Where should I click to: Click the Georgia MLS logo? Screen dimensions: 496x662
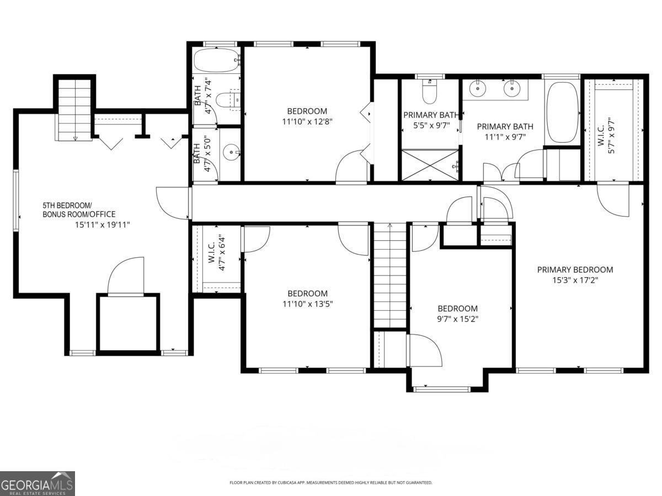37,483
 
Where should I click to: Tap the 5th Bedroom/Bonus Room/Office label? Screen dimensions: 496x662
79,209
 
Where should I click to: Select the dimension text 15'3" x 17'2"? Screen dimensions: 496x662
575,280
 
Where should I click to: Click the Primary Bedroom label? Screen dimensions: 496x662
575,269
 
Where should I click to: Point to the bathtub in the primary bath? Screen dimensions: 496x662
562,113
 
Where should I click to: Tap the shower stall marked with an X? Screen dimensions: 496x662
430,164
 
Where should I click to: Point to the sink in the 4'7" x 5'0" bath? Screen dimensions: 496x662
231,152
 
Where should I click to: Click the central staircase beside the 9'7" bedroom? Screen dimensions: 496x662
390,276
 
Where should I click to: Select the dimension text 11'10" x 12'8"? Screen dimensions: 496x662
307,121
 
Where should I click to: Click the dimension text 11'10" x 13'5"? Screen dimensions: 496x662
307,304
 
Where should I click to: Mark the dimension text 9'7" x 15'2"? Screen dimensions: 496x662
457,319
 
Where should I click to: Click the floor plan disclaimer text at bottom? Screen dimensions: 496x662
330,483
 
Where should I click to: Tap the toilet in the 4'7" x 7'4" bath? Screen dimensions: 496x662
227,100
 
